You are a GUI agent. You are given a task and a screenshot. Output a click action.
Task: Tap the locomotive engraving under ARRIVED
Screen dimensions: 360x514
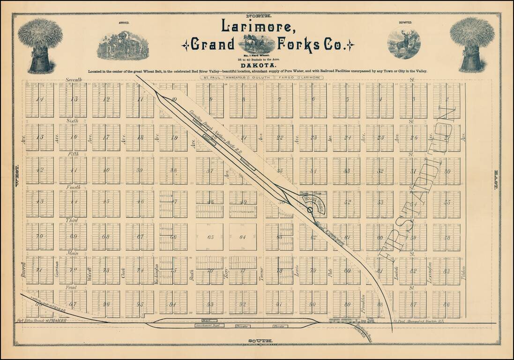point(123,46)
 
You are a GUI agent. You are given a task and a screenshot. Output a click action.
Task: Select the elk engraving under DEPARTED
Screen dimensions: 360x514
point(403,44)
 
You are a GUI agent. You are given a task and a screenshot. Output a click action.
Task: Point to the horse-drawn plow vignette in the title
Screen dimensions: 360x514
point(256,44)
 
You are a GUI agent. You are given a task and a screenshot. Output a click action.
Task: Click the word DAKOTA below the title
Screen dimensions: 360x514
point(257,66)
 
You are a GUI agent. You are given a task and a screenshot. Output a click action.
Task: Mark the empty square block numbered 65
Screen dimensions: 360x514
point(209,237)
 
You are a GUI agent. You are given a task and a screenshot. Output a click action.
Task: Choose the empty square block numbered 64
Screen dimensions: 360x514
point(243,237)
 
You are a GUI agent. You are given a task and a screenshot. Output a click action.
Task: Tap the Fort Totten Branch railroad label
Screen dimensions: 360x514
point(39,321)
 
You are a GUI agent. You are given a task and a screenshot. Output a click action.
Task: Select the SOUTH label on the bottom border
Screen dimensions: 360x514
point(257,341)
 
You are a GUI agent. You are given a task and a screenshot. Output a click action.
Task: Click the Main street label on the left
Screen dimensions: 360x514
point(73,253)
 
